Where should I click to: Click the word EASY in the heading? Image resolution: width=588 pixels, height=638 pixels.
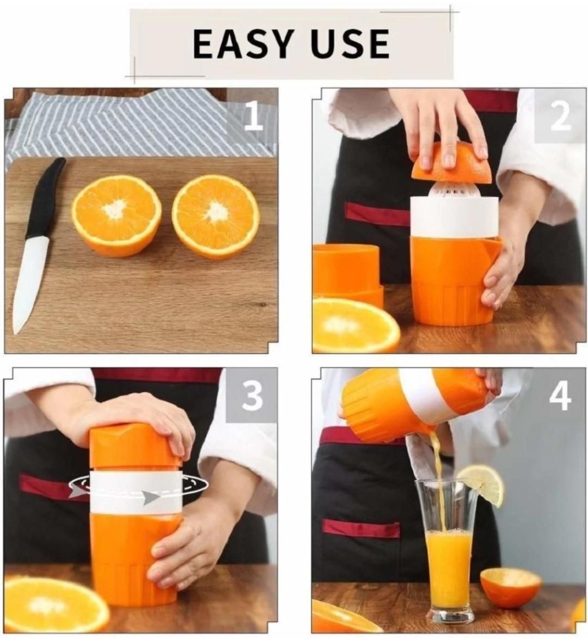point(244,44)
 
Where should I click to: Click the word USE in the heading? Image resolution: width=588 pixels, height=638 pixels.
point(350,44)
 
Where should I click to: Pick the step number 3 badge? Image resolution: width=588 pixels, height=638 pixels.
point(252,395)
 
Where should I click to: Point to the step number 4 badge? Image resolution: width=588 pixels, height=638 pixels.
point(560,395)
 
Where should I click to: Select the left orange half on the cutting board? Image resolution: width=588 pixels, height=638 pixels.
point(117,214)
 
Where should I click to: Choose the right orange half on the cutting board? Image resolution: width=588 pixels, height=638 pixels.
point(216,216)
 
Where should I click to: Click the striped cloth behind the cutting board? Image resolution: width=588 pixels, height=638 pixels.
point(136,122)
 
